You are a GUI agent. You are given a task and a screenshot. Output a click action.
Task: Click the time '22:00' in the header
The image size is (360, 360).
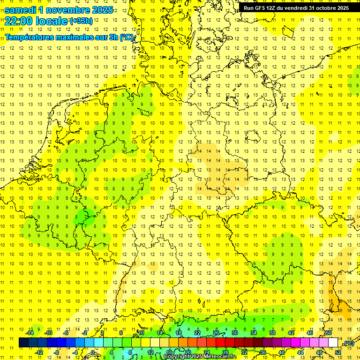(x=18, y=21)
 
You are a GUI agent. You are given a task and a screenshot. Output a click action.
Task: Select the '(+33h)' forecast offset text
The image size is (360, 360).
(x=81, y=21)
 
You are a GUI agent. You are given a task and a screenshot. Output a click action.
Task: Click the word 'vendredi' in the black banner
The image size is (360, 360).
(x=295, y=8)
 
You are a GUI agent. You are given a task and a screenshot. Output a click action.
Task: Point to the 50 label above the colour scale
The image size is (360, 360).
(x=329, y=333)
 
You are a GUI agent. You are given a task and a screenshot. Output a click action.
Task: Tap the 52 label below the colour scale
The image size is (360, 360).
(x=337, y=352)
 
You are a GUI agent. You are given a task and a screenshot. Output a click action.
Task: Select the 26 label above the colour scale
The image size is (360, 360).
(x=216, y=333)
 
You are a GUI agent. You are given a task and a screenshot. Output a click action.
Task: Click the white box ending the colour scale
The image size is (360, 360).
(x=333, y=343)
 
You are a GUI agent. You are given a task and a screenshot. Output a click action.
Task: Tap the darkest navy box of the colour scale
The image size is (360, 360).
(x=23, y=343)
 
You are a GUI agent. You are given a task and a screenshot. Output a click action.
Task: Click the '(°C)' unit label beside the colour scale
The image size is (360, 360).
(x=349, y=343)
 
